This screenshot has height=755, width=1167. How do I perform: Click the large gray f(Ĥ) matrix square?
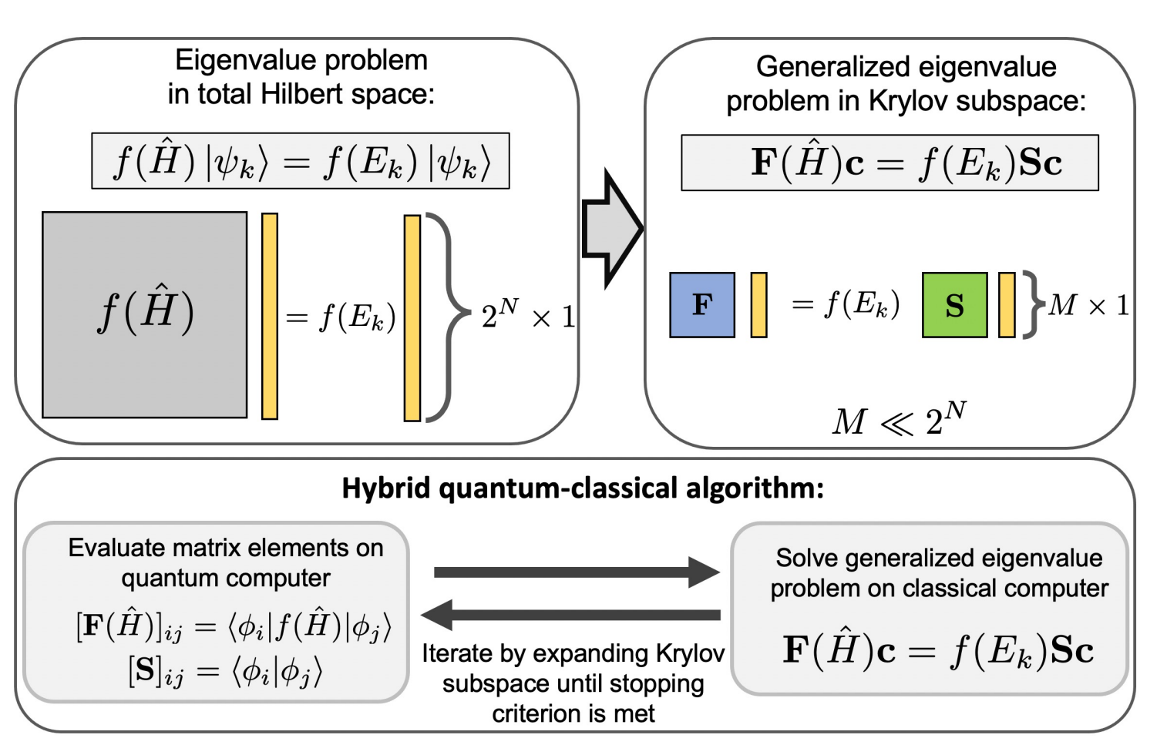coord(145,314)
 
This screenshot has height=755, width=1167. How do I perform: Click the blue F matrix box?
coord(701,305)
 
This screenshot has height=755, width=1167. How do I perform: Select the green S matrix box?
coord(954,305)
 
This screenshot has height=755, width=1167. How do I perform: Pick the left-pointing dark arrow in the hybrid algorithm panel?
coord(570,615)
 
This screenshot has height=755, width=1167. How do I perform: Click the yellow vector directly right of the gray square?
coord(270,316)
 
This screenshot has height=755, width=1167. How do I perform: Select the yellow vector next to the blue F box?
coord(758,305)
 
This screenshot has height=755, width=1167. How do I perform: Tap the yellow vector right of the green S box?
coord(1006,305)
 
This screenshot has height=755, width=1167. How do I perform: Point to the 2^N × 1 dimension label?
coord(527,314)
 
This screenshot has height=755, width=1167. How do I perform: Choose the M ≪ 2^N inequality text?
coord(899,420)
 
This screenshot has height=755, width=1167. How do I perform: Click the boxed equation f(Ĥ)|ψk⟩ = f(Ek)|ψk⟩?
coord(301,161)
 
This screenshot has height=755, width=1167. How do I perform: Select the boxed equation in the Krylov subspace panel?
coord(890,163)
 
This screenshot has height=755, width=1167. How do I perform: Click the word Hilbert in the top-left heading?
coord(301,94)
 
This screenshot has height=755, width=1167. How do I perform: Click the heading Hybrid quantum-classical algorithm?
coord(583,488)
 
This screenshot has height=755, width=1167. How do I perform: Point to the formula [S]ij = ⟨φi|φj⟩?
coord(225,672)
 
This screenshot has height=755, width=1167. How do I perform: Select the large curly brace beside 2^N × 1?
coord(443,316)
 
